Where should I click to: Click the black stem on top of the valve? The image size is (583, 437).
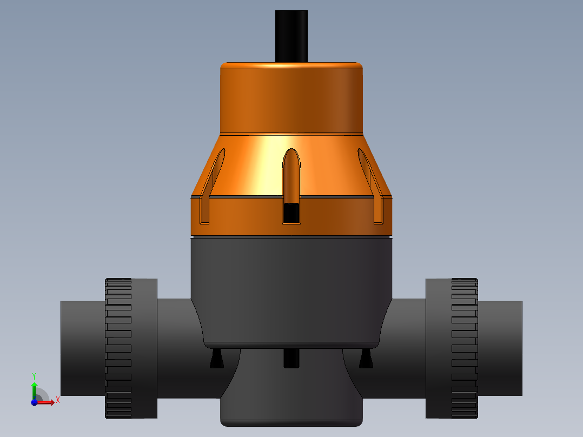[291, 35]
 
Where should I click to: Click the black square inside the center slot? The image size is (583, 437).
[291, 213]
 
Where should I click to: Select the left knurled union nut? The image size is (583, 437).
[118, 348]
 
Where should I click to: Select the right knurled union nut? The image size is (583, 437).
[465, 348]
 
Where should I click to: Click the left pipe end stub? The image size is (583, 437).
[81, 348]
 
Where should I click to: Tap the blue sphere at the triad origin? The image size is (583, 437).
[34, 402]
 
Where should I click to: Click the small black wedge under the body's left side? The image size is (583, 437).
[216, 359]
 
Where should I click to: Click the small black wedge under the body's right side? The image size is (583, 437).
[366, 359]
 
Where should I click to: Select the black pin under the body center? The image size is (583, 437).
[291, 358]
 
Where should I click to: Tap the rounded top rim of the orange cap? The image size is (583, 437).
[291, 65]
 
